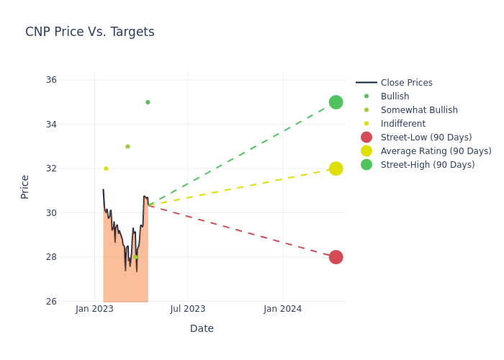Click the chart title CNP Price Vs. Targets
(x=90, y=32)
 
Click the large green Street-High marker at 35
(x=336, y=102)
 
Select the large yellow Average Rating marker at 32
(x=336, y=168)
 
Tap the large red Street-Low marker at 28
(x=336, y=257)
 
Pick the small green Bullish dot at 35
(x=148, y=102)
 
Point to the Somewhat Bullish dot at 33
(x=127, y=146)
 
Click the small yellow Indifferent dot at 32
(x=106, y=168)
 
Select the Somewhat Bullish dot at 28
(x=135, y=257)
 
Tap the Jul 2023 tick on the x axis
(x=188, y=309)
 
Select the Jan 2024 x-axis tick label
(x=282, y=309)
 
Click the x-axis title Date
(x=202, y=328)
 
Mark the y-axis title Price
(x=25, y=186)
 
